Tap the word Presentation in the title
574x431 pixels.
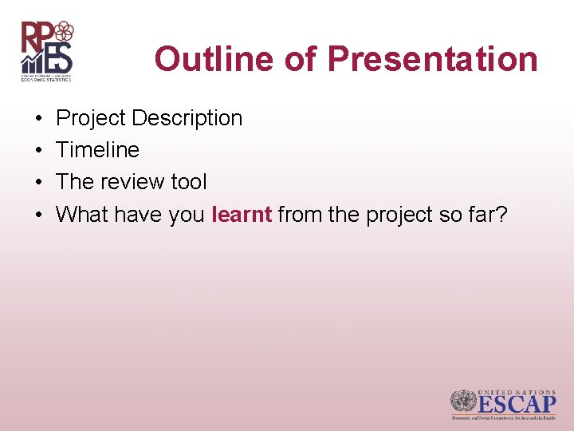coord(432,59)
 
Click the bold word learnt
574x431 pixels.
coord(242,214)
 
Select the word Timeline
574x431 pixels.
coord(97,150)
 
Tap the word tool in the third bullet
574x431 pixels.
coord(189,182)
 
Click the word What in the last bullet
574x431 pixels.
coord(83,214)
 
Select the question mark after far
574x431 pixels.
coord(502,214)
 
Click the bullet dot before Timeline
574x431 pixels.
coord(39,150)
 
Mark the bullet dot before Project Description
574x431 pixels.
coord(39,118)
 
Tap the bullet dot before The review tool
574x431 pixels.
coord(39,182)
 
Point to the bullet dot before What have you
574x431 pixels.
coord(39,214)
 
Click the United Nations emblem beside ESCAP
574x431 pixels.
coord(462,402)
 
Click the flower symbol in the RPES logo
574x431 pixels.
coord(64,32)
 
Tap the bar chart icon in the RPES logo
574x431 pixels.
coord(33,61)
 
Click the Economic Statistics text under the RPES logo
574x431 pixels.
coord(46,79)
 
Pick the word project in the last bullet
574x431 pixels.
coord(395,214)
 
